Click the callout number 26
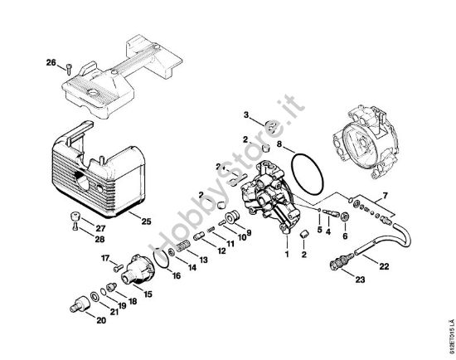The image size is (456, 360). click(x=51, y=63)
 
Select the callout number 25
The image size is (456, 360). click(x=145, y=221)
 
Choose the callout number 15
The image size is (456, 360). click(x=148, y=293)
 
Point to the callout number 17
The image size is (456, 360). click(x=105, y=259)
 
